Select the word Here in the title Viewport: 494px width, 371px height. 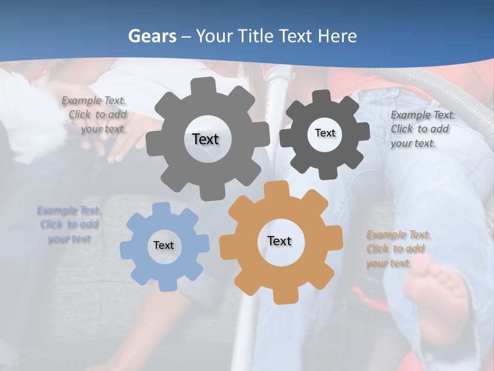click(338, 36)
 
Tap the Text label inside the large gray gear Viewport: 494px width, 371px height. click(205, 139)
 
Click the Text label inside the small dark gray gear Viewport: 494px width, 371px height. click(325, 133)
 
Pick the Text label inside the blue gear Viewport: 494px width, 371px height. click(164, 245)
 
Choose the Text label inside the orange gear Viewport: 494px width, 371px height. click(279, 241)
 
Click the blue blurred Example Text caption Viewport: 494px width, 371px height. click(69, 225)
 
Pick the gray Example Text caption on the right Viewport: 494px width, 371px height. click(422, 129)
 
